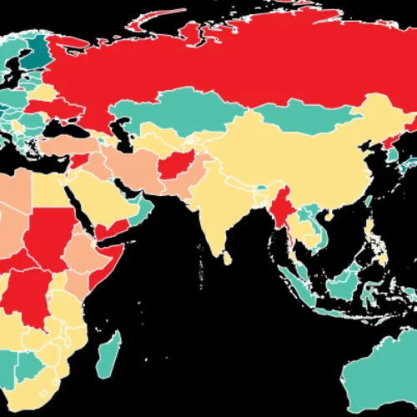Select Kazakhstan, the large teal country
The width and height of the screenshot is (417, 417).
point(167,113)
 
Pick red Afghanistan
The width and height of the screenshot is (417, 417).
point(177,167)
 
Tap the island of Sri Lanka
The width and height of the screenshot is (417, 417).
point(226,259)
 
